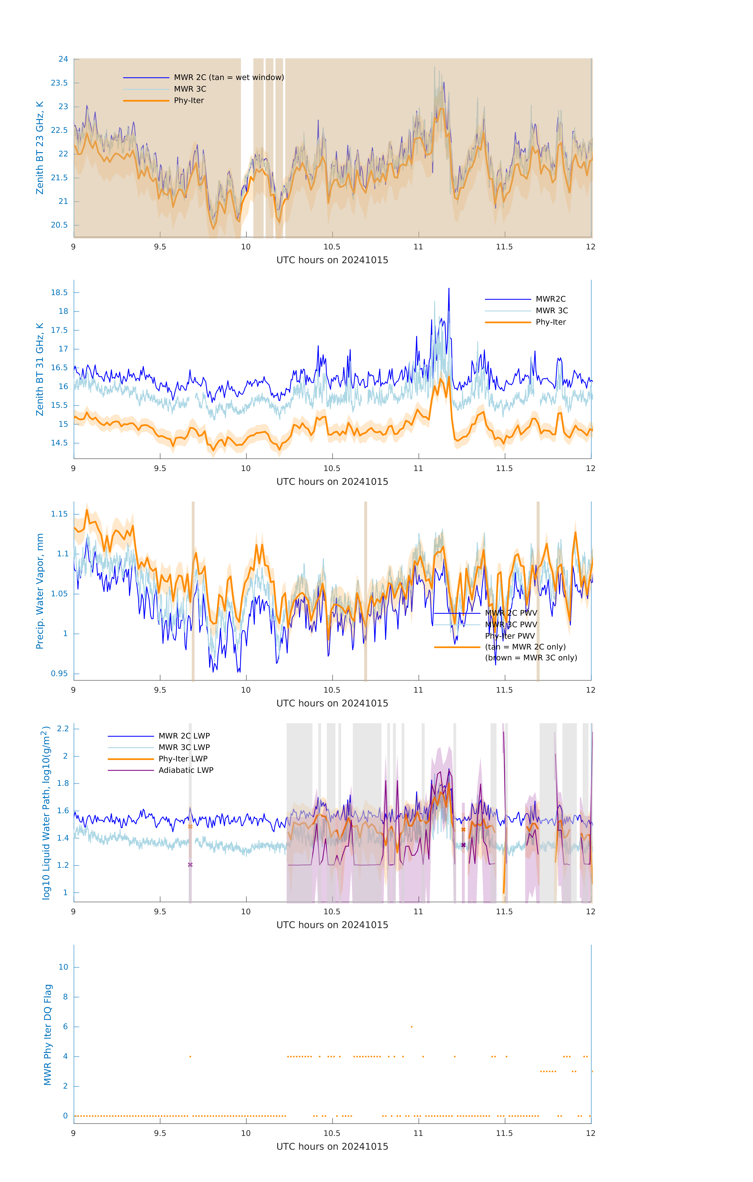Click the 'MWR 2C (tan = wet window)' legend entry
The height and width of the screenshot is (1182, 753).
point(229,78)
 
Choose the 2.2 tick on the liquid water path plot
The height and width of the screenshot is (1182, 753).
point(63,729)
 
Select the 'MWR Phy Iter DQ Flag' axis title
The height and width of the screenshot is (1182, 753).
point(48,1034)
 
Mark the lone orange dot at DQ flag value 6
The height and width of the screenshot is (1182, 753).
point(412,1026)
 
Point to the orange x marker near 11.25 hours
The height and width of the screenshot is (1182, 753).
point(463,830)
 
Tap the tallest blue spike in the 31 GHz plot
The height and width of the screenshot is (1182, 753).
point(448,290)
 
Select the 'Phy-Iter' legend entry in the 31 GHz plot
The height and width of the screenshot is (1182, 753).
point(550,322)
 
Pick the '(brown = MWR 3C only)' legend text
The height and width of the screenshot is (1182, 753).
point(531,658)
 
